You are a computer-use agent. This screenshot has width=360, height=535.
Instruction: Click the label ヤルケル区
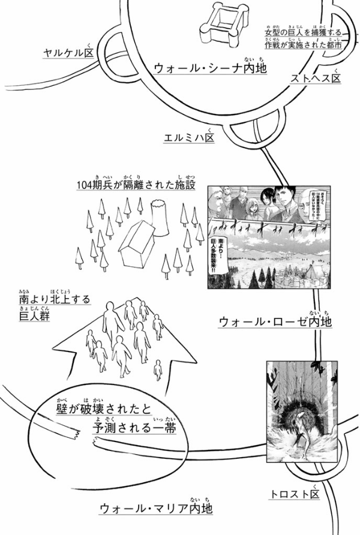point(66,53)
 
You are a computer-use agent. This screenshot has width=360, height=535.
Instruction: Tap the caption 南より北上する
point(54,298)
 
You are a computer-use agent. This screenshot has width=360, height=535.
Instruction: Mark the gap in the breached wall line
point(84,436)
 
